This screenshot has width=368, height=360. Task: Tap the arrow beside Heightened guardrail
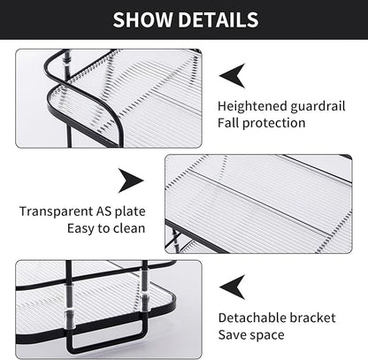pos(232,75)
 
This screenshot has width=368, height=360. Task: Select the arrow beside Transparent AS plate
pos(132,182)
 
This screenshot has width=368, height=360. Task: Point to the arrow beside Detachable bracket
pos(232,285)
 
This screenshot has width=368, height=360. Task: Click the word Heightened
pos(251,105)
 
